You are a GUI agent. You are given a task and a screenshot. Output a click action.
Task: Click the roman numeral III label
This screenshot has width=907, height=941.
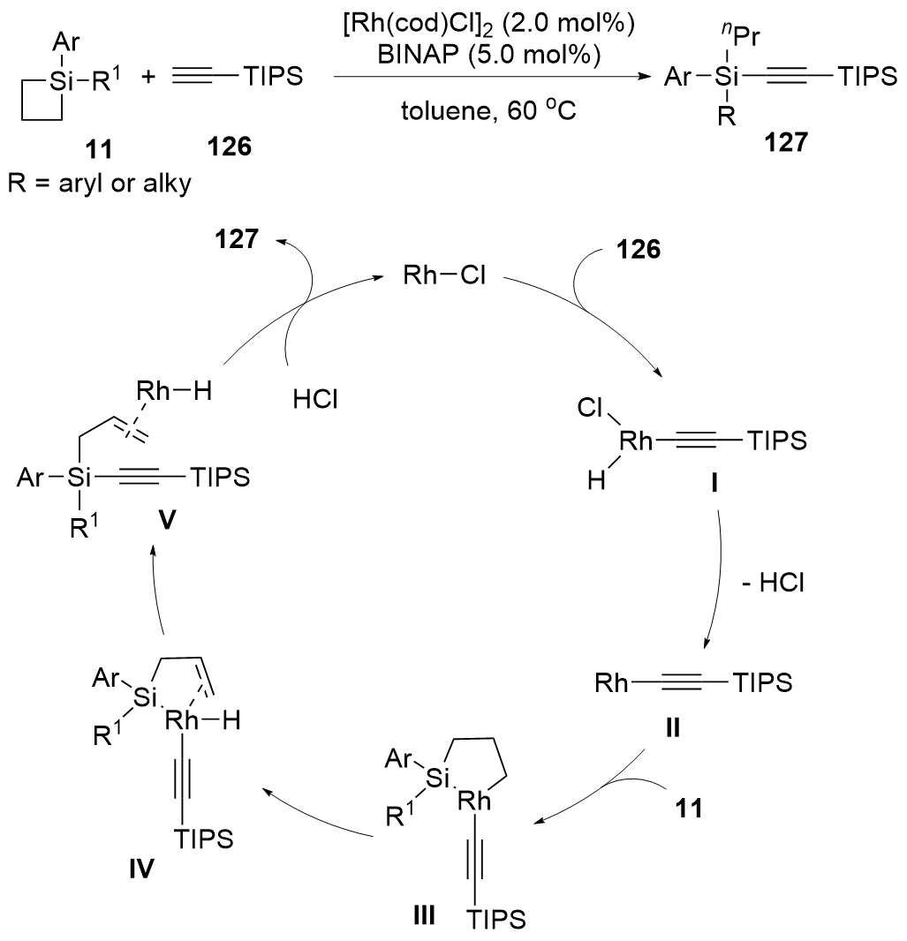pyautogui.click(x=424, y=914)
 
